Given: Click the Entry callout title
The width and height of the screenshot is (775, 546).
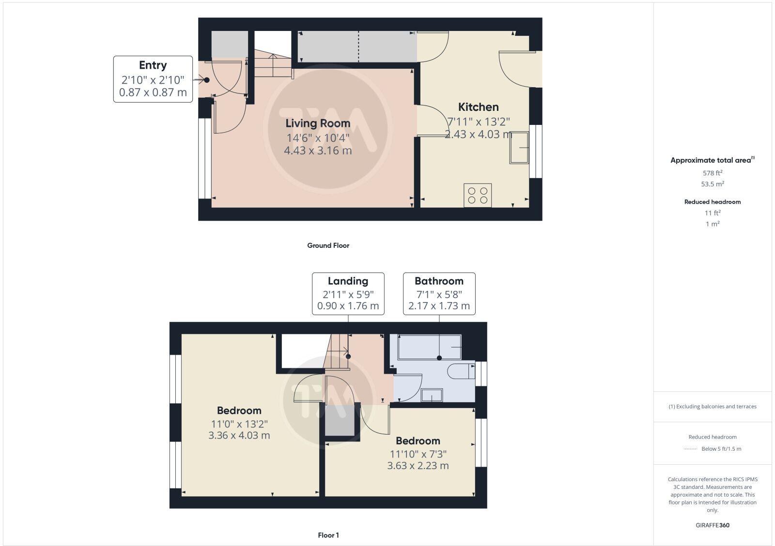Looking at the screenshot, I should [x=153, y=65].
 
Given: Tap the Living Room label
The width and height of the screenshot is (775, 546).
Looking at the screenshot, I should [x=317, y=123].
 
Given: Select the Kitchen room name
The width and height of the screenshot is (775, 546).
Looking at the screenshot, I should [x=478, y=107].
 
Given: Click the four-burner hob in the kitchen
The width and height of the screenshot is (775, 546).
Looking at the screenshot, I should [x=478, y=195].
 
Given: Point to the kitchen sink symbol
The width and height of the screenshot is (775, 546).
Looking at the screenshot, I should [x=519, y=148].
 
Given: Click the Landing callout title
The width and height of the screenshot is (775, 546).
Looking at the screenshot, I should [x=348, y=281].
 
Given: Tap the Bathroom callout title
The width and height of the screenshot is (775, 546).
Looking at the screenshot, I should [x=439, y=281].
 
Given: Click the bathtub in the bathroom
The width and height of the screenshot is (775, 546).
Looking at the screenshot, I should [x=429, y=347].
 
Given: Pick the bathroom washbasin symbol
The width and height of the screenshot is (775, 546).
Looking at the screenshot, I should [x=432, y=395].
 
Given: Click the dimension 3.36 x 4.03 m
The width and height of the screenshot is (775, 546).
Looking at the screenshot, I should [x=239, y=435].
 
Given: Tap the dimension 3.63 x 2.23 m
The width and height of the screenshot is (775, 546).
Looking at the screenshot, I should [x=418, y=466].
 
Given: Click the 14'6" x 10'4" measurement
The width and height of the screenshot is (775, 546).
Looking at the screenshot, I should [x=317, y=138].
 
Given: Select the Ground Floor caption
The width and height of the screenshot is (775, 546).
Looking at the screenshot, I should [x=328, y=245].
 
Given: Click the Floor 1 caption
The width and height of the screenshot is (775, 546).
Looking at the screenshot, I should [x=328, y=535].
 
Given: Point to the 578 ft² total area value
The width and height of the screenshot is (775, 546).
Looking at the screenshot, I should [x=712, y=173].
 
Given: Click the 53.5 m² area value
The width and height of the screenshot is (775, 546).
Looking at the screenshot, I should [x=712, y=184].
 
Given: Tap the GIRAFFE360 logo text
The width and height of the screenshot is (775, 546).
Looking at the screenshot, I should [x=712, y=525].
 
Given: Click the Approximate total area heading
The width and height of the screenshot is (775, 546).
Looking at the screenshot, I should [x=711, y=160].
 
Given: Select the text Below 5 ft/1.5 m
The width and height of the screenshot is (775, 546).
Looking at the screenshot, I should [x=721, y=449].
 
